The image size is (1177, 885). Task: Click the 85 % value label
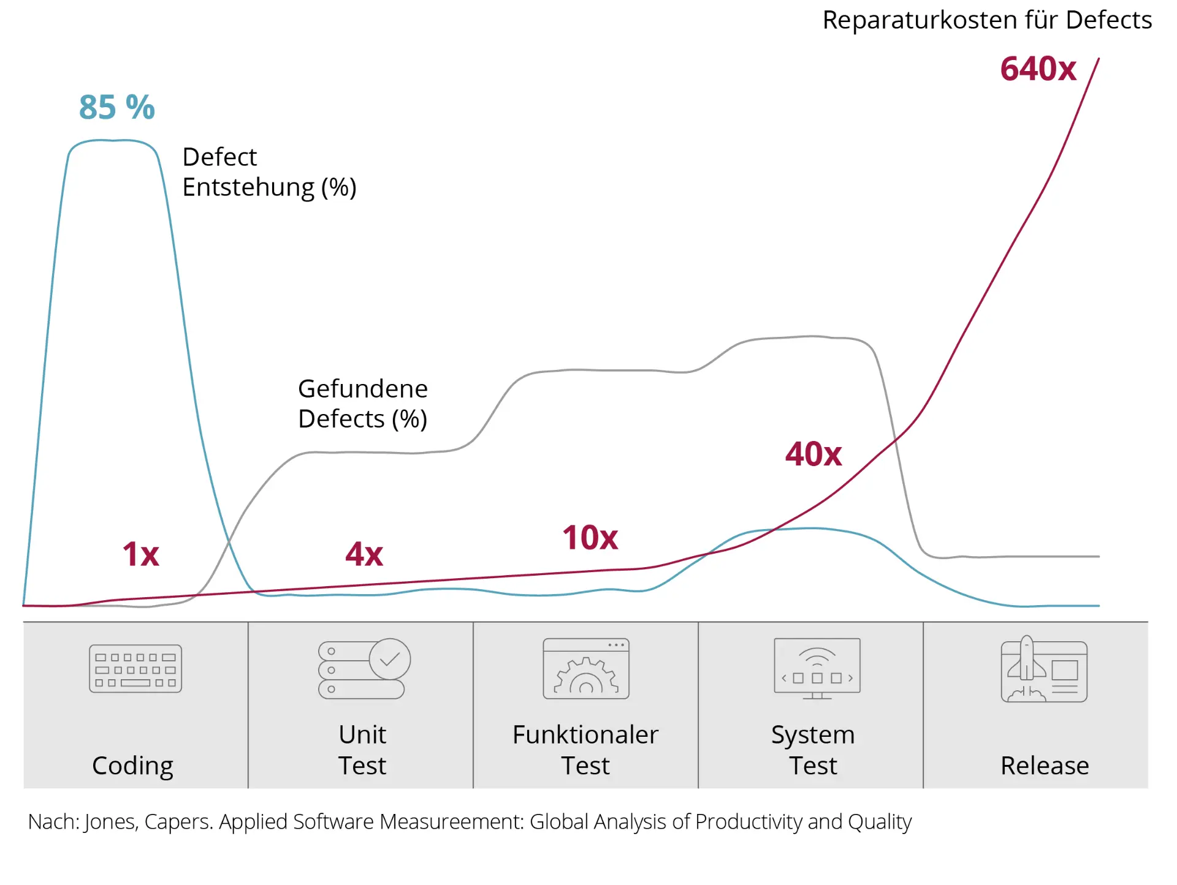click(116, 107)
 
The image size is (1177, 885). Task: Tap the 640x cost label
click(1038, 69)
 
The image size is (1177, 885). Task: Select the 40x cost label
click(813, 454)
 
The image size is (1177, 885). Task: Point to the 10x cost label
click(590, 538)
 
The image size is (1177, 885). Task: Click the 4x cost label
click(364, 554)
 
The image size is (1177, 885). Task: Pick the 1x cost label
click(140, 554)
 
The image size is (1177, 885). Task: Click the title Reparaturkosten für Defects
click(987, 20)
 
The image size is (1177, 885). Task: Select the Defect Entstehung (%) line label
click(269, 172)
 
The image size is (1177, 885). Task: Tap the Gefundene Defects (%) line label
click(362, 404)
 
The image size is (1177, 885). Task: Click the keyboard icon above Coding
click(135, 668)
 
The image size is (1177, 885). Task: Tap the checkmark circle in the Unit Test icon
click(390, 659)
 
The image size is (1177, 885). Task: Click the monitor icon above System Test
click(817, 668)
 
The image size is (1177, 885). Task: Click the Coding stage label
click(132, 766)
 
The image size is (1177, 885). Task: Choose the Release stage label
click(1045, 766)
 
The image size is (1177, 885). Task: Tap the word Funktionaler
click(585, 734)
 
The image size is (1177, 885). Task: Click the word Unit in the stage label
click(362, 734)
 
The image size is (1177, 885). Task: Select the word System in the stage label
click(813, 735)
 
